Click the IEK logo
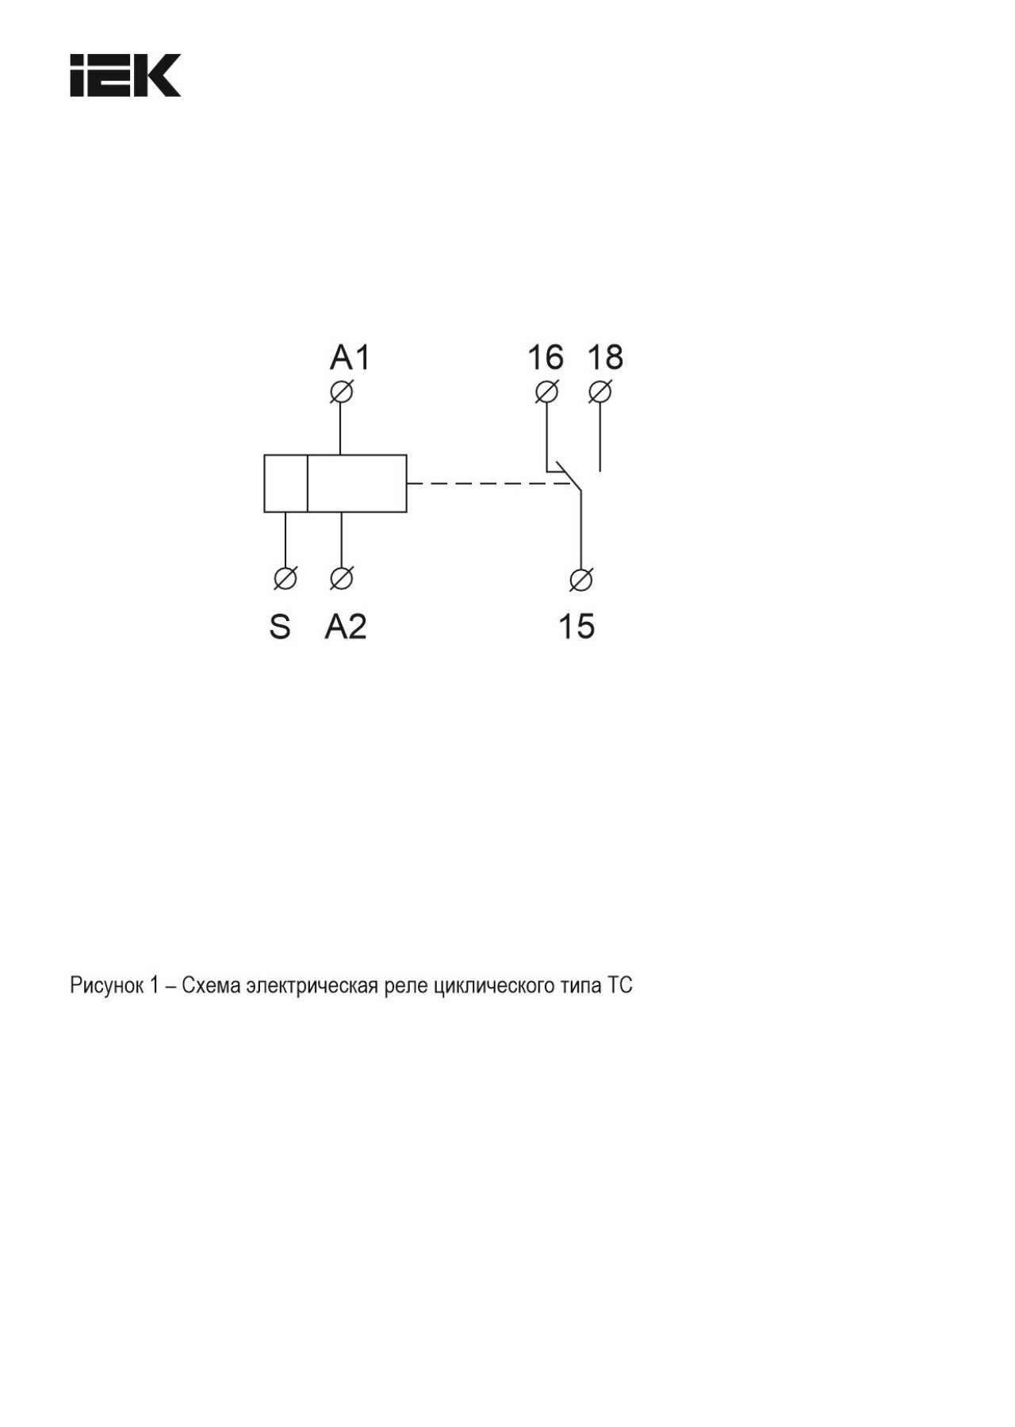tap(125, 75)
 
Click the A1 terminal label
tap(350, 358)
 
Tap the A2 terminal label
tap(346, 627)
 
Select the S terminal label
tap(280, 627)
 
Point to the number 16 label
tap(546, 358)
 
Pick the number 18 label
tap(605, 358)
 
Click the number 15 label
tap(576, 627)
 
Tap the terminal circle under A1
tap(341, 392)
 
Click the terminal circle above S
tap(285, 578)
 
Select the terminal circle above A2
tap(341, 578)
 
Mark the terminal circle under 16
tap(546, 392)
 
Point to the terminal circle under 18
tap(600, 392)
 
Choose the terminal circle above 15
tap(580, 580)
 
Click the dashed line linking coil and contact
tap(488, 483)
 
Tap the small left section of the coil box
tap(285, 483)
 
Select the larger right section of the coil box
tap(357, 483)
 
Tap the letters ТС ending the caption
tap(620, 985)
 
